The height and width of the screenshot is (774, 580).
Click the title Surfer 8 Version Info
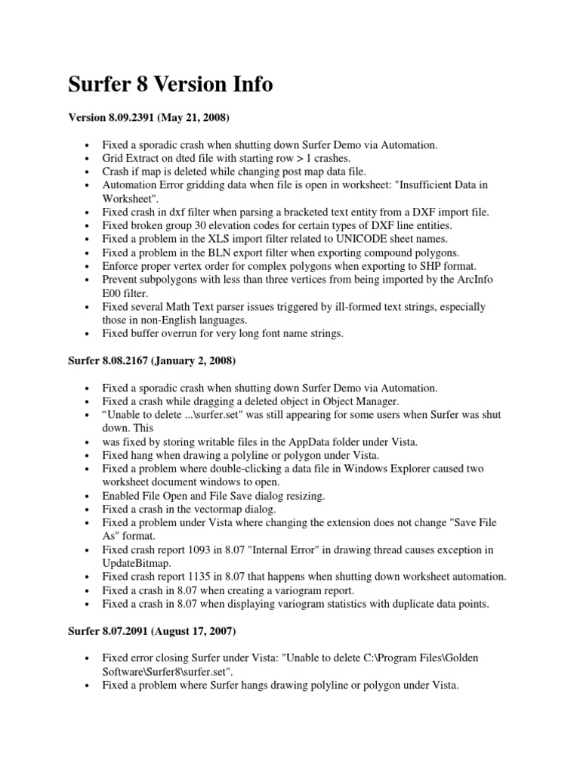171,85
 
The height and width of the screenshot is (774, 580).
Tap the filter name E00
111,293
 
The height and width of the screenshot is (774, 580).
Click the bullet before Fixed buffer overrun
89,334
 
